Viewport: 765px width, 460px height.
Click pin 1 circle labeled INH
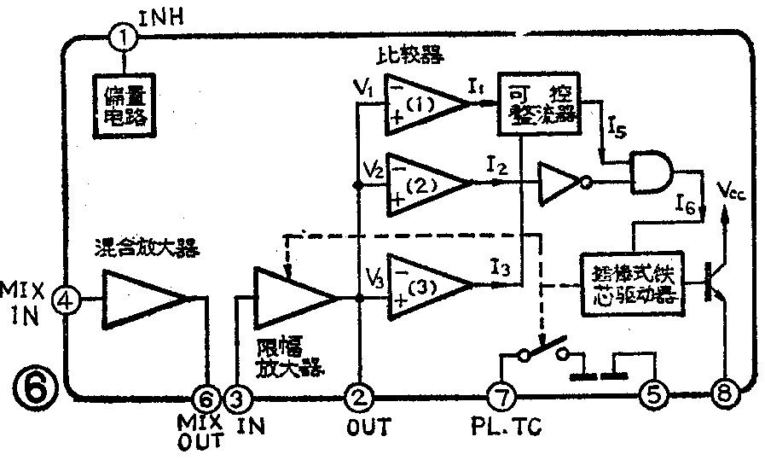124,38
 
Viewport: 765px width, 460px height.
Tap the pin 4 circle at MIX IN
67,299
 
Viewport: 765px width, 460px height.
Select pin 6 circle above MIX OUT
206,397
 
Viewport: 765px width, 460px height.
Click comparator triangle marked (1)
422,104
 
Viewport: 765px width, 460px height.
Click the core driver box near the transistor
631,282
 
